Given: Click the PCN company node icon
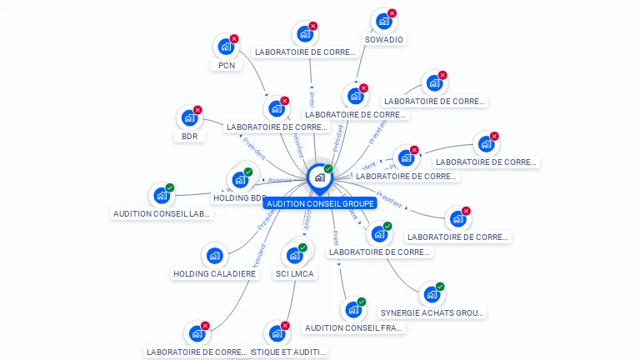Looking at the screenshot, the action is [225, 47].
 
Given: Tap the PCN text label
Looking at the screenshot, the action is [226, 65].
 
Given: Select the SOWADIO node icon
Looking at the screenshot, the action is [382, 21].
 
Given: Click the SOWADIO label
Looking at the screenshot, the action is [384, 39].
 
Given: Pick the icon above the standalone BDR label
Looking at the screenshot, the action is [188, 117].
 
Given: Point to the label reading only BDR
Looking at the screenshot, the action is [190, 136].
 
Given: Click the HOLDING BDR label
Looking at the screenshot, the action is [239, 198].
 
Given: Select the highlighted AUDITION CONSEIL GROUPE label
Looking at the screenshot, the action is [320, 203].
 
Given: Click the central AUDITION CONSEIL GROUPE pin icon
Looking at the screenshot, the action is [319, 177].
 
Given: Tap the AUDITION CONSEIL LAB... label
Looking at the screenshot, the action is [162, 213].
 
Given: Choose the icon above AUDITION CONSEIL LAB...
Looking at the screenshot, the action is [161, 196].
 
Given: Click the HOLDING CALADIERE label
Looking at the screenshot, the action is [214, 273].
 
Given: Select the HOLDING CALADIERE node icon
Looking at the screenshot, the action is [214, 256].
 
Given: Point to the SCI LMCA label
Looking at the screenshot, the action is [295, 273].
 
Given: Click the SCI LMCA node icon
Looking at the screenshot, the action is [294, 255].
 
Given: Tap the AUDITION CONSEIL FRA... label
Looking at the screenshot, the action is [354, 327].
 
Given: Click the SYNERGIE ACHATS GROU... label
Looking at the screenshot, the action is [432, 312].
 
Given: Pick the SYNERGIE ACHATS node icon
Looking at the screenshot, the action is [431, 294].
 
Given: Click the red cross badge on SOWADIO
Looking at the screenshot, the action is [392, 13].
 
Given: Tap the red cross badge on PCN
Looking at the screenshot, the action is [234, 38].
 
